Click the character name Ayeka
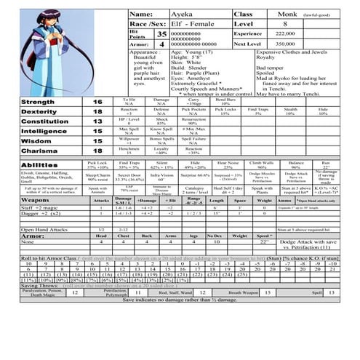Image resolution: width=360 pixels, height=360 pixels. click(x=180, y=14)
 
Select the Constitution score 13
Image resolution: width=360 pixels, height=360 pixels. click(x=97, y=123)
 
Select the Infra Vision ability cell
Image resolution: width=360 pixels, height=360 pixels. click(x=161, y=175)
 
